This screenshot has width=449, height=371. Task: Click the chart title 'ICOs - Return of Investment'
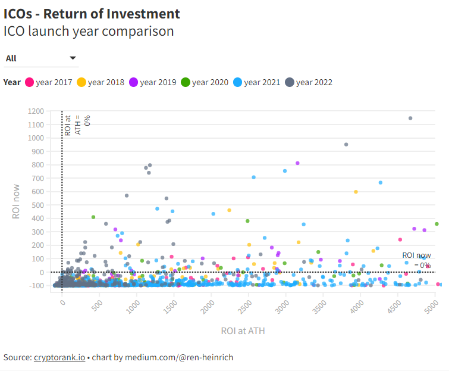click(92, 13)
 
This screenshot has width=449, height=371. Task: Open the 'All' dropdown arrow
click(73, 58)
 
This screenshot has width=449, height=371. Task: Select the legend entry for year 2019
click(153, 82)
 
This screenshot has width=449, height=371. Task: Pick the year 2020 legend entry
click(205, 82)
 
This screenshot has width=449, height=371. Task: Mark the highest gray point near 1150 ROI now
click(410, 118)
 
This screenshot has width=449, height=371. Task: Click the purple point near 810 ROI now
click(297, 163)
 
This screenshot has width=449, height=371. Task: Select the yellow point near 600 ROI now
click(356, 192)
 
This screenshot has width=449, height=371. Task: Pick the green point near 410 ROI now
click(93, 217)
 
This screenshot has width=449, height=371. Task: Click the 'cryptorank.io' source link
click(59, 357)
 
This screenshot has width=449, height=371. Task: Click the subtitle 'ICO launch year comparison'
click(89, 31)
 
